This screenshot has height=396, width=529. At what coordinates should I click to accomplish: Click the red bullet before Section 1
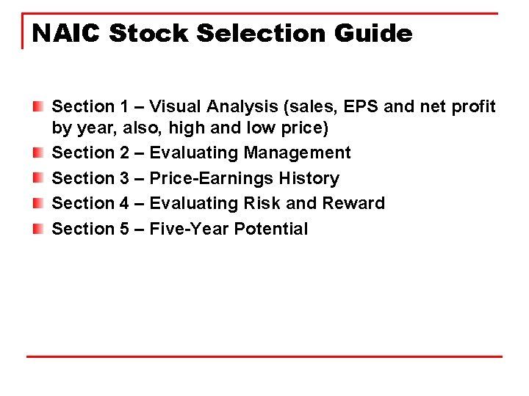[x=38, y=107]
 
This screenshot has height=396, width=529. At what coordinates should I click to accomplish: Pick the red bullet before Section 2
[x=38, y=153]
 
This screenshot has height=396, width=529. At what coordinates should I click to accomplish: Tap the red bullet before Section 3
[x=38, y=178]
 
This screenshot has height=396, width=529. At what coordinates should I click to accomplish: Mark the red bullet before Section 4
[x=38, y=203]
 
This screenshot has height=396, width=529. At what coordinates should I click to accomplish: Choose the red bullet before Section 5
[x=38, y=229]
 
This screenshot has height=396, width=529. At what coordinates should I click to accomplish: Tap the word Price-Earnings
[x=212, y=178]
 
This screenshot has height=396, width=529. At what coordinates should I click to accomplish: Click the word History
[x=309, y=178]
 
